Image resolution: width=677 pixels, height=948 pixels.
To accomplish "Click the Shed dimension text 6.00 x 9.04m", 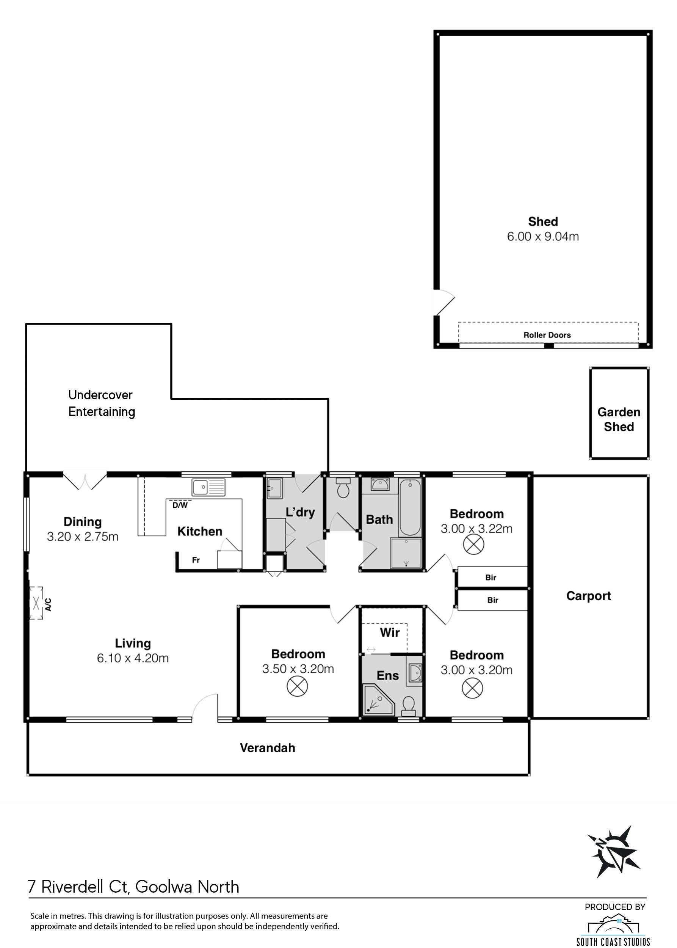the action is coord(543,237).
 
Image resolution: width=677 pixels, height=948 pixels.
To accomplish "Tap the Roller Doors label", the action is coord(547,335).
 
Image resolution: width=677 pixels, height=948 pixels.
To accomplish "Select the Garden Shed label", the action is coord(619,419).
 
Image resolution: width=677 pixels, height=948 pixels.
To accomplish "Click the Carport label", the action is coord(588,596).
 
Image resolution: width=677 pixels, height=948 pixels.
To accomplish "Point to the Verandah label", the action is coord(267,748).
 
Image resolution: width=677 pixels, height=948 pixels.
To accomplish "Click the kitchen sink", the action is coord(208,487).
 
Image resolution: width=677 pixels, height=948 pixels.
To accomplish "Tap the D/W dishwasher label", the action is coord(180,505).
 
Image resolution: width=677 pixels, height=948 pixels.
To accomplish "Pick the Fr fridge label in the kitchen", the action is coord(196,560).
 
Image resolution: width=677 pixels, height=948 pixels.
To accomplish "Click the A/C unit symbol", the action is coord(36,603).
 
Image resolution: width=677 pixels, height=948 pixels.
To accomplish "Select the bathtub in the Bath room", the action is coord(409,507).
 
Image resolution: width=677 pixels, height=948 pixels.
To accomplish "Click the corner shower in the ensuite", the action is coord(378,699).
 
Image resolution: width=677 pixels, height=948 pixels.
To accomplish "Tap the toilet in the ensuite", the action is coord(409,706).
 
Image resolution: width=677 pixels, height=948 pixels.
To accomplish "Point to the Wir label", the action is coord(390,633).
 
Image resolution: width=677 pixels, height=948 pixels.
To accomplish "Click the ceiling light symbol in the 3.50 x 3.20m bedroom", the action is coord(297,686).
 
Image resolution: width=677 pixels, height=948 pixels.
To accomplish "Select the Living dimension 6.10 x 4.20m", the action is coord(133,658).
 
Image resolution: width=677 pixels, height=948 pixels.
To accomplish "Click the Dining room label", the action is coord(83,522).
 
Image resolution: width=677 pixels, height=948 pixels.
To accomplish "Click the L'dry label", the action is coord(300,512).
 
